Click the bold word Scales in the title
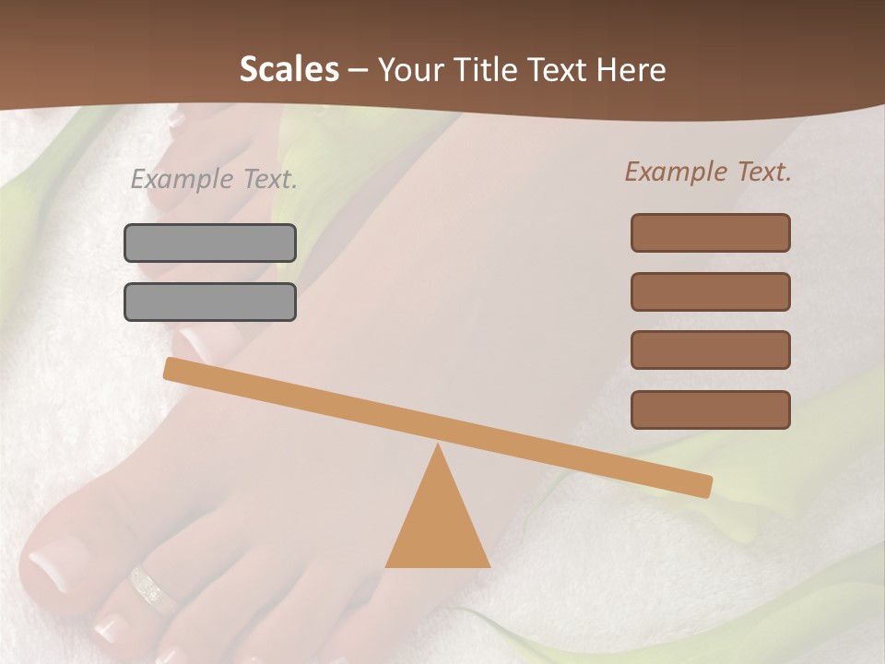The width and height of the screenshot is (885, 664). click(289, 69)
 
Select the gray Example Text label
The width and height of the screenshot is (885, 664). click(214, 179)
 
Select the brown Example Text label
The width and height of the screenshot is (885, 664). click(708, 172)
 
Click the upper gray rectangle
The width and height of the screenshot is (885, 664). click(210, 243)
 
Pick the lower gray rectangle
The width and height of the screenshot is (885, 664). click(210, 302)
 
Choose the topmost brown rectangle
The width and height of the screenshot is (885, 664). click(710, 232)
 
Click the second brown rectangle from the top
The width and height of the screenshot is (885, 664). click(710, 291)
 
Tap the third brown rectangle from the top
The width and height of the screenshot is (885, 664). click(710, 350)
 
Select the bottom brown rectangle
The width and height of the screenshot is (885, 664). click(710, 409)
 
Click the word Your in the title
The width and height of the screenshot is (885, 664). click(410, 69)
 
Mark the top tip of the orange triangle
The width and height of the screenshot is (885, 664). click(437, 446)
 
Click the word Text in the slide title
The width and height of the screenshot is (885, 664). click(559, 69)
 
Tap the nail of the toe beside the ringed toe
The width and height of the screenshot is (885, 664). click(110, 627)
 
